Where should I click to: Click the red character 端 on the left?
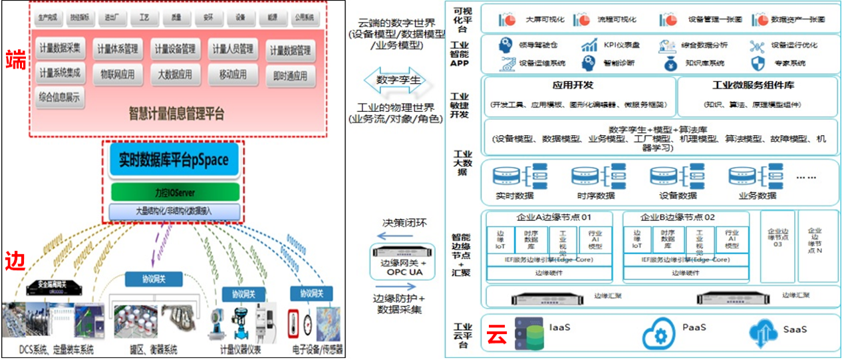pos(16,59)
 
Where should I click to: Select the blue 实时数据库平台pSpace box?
pos(174,160)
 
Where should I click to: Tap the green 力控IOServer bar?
pos(174,193)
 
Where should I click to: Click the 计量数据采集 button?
pos(60,47)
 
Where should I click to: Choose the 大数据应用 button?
pos(176,74)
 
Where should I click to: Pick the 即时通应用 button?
pos(289,75)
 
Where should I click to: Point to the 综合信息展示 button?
pos(60,98)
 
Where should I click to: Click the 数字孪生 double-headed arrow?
pos(398,81)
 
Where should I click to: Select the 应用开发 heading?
pos(573,85)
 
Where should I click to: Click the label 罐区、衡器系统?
pos(152,350)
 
